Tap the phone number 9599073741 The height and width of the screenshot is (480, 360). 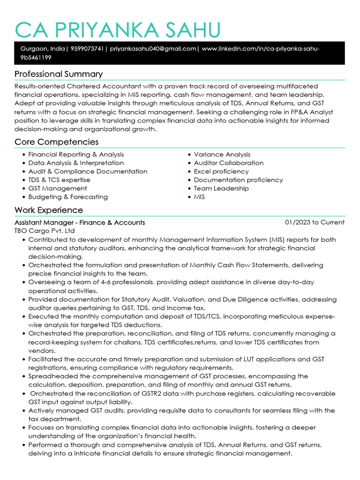click(x=87, y=49)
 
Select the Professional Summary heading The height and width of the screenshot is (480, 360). click(x=59, y=74)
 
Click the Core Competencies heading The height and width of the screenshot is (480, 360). click(x=56, y=142)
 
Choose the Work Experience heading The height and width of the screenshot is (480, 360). click(x=49, y=210)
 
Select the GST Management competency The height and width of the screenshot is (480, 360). click(x=58, y=188)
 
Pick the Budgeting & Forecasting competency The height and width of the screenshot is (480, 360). click(x=68, y=197)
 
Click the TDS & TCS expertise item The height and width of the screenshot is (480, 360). click(x=59, y=180)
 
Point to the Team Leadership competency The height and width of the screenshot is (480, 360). click(x=221, y=188)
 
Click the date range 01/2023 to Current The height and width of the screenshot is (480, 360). click(x=315, y=222)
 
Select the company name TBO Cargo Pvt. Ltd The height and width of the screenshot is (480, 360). click(x=45, y=231)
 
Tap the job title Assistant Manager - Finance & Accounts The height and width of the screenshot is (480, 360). click(x=80, y=223)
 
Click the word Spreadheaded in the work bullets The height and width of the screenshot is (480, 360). click(x=50, y=376)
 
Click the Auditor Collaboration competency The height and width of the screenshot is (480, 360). click(x=229, y=163)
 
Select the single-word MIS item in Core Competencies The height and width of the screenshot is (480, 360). click(x=199, y=197)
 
